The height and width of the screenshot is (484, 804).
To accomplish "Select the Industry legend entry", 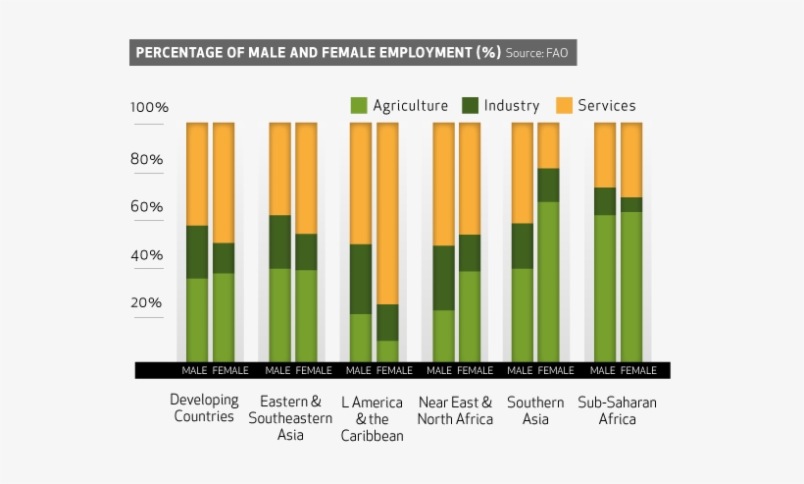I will coord(500,106).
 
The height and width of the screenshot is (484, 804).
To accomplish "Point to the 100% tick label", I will coord(150,107).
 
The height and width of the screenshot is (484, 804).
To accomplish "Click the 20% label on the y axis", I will coord(146,302).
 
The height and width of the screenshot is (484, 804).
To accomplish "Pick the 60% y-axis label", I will coord(146,207).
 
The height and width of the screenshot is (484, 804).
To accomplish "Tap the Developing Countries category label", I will coord(204,408).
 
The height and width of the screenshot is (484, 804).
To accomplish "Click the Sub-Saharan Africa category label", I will coord(617,410).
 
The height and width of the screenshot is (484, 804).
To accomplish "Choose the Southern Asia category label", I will coord(535,410).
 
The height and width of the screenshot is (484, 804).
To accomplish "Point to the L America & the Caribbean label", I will coord(372,419).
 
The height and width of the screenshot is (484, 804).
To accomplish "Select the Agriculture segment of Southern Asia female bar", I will coord(548,280).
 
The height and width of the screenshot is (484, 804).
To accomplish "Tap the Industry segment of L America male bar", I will coord(361,279).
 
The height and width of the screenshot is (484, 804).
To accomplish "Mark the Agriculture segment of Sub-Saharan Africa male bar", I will coord(605,287).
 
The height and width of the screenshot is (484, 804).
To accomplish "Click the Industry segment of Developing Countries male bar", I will coord(197,252).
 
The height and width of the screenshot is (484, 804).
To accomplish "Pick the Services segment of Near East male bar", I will coord(443,184).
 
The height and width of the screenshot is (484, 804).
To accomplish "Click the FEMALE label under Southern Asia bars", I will coord(555,371).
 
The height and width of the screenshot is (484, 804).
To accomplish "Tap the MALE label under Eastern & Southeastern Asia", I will coord(277,371).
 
